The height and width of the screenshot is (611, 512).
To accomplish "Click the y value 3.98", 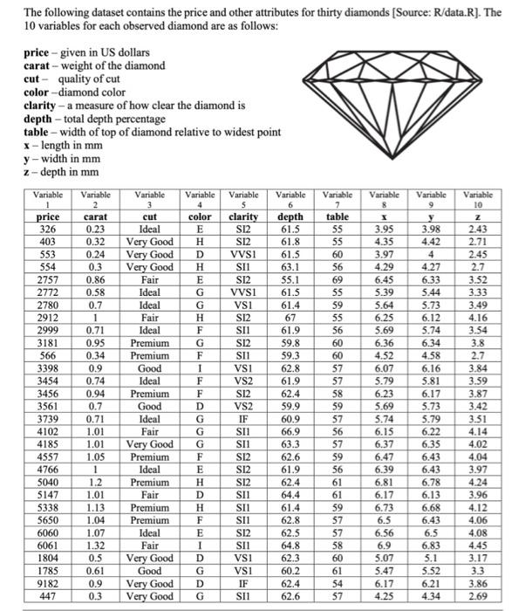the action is click(429, 228).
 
